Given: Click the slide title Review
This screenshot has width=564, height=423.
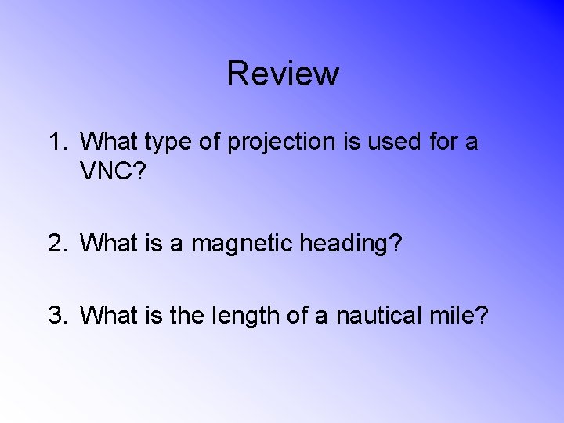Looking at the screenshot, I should [x=283, y=74].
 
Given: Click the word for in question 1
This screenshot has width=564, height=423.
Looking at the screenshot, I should [x=442, y=143].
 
